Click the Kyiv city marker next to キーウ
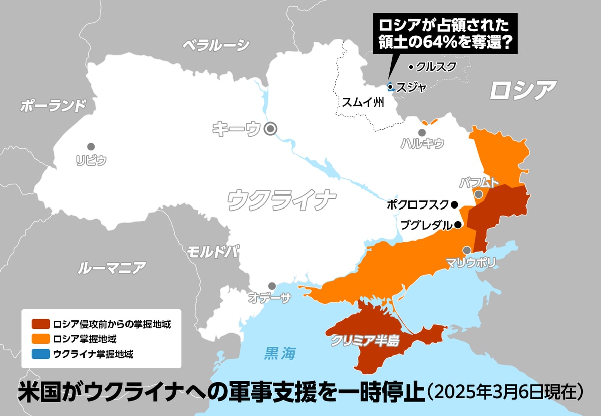271,129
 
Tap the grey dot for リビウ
91,147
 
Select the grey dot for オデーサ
272,286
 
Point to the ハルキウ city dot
422,133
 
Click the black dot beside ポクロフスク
454,204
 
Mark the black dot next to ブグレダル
457,225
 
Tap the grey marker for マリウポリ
467,250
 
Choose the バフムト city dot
479,194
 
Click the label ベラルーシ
215,45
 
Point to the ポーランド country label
53,106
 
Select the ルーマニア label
112,268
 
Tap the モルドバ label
213,251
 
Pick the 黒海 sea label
280,354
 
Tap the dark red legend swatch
40,324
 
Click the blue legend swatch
40,354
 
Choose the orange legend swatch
40,339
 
